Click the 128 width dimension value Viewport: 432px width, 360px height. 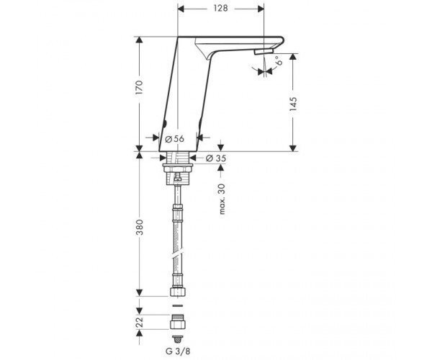(221, 8)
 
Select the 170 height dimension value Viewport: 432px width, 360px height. (139, 88)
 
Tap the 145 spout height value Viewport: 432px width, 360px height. (294, 104)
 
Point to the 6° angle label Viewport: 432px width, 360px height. (279, 60)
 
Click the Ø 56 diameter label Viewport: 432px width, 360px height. (174, 139)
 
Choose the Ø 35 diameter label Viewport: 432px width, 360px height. (216, 158)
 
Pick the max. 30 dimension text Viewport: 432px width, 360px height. (222, 199)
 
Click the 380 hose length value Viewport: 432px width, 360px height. (140, 228)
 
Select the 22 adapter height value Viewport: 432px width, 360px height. (140, 322)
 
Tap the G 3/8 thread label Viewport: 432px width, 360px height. (178, 351)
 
